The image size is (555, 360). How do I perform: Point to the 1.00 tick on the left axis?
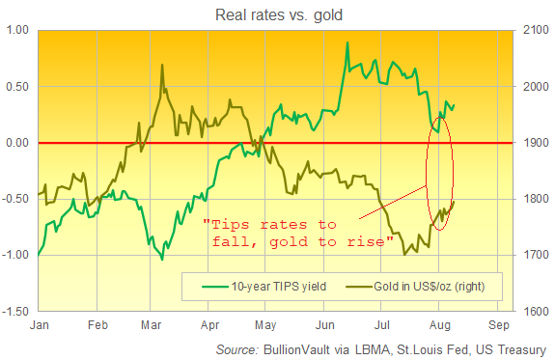[18, 30]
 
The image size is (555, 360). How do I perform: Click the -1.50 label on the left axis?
[15, 312]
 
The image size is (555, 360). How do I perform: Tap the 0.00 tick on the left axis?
[18, 143]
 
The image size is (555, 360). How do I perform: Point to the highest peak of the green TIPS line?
[347, 43]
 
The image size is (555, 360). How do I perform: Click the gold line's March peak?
[161, 65]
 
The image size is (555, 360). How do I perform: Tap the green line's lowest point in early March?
[161, 260]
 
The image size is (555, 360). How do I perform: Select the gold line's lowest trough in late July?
[404, 254]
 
